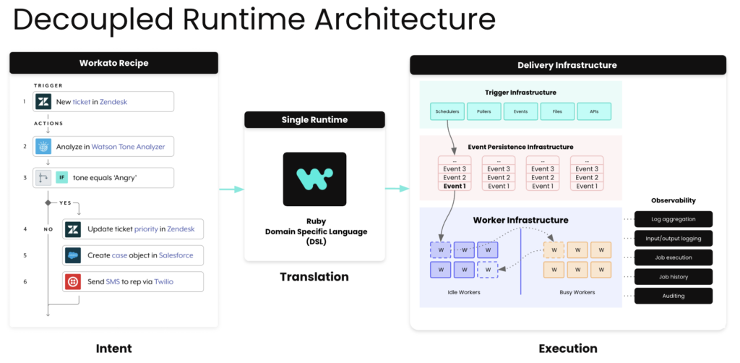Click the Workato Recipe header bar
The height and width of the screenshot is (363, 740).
(113, 63)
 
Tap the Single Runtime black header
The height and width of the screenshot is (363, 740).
(314, 119)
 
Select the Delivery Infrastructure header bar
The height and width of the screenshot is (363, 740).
(567, 65)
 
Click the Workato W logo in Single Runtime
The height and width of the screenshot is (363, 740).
(314, 179)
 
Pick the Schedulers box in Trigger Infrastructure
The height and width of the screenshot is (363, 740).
(447, 111)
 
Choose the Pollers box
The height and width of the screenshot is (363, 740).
(484, 111)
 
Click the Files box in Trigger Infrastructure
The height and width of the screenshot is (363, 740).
(557, 111)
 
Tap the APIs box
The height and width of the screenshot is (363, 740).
(594, 111)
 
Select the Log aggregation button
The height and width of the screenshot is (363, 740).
(674, 218)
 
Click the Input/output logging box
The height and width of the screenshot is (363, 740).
(674, 238)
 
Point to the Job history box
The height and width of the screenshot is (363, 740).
(674, 276)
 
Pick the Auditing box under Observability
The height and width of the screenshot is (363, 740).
(674, 296)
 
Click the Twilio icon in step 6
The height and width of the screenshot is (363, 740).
(72, 281)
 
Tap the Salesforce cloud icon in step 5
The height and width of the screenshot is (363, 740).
(72, 255)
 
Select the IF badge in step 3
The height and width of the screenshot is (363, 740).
(62, 178)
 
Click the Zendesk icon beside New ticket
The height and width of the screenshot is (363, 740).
(43, 102)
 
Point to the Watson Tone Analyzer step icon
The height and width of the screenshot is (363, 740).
(43, 147)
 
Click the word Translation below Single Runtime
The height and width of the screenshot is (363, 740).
(314, 277)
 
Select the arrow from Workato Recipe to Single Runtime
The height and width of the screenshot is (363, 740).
(231, 189)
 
